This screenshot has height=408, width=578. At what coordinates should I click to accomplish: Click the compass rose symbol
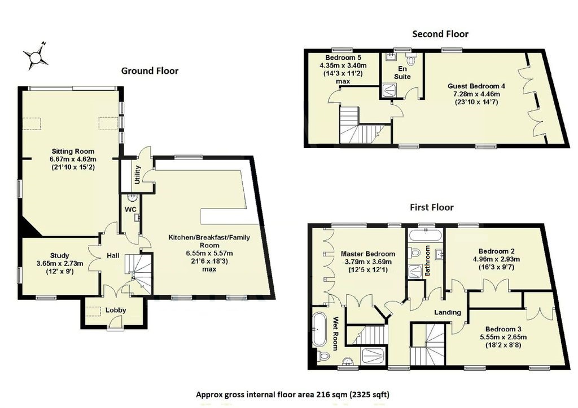[35, 56]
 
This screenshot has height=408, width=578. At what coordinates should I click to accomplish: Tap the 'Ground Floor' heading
[150, 71]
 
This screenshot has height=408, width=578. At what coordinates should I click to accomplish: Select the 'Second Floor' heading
[440, 34]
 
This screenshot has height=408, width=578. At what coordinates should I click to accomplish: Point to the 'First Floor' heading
[432, 207]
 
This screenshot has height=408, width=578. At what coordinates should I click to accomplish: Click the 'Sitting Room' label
[73, 152]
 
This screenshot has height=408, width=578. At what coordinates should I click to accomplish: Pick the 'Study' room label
[59, 255]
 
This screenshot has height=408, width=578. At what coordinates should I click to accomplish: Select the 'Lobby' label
[115, 310]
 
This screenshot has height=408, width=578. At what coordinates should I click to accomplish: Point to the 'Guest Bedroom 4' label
[476, 86]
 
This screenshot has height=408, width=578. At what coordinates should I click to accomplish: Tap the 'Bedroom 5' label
[343, 58]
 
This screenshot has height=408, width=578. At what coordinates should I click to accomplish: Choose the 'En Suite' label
[402, 72]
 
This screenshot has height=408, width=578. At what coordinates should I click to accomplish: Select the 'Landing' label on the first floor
[447, 312]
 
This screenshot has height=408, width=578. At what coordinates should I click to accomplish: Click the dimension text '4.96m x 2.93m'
[499, 259]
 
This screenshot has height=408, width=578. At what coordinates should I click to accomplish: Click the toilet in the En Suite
[411, 60]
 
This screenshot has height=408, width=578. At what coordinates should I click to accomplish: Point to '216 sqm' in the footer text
[322, 394]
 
